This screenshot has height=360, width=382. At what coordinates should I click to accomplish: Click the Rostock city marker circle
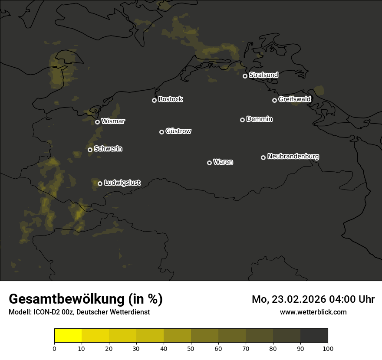click(x=154, y=100)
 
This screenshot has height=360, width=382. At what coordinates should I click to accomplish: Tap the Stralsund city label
click(x=263, y=75)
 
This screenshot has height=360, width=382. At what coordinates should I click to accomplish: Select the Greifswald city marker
click(x=274, y=100)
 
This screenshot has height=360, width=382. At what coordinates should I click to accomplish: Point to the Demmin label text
click(x=259, y=119)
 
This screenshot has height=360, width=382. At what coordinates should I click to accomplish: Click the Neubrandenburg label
click(x=293, y=157)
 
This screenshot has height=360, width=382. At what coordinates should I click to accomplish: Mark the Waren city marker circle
click(x=209, y=163)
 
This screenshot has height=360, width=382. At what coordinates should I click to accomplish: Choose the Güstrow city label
click(x=178, y=131)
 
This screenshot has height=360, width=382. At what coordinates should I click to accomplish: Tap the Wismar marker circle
click(x=97, y=122)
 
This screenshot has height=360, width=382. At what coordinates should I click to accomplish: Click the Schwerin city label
click(x=108, y=149)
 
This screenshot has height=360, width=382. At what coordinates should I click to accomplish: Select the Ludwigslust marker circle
click(x=100, y=183)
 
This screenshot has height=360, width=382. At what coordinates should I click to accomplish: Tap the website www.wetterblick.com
click(x=313, y=312)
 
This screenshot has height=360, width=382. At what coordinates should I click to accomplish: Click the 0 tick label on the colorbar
click(x=54, y=348)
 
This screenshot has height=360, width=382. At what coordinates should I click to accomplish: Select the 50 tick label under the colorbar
click(x=191, y=348)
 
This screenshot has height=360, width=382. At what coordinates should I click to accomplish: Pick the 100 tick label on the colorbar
click(x=328, y=348)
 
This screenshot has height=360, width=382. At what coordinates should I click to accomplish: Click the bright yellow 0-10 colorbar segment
click(x=68, y=336)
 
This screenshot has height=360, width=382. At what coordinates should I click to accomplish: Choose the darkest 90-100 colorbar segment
click(x=314, y=336)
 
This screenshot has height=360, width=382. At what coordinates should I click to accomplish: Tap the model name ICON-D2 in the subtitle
click(x=47, y=312)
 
